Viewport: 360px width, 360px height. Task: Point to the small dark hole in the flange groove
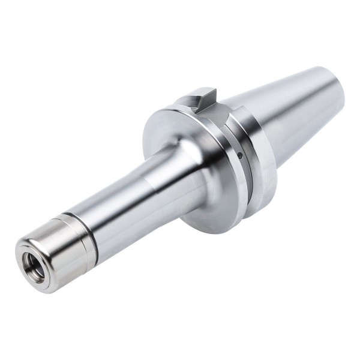[239, 155]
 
